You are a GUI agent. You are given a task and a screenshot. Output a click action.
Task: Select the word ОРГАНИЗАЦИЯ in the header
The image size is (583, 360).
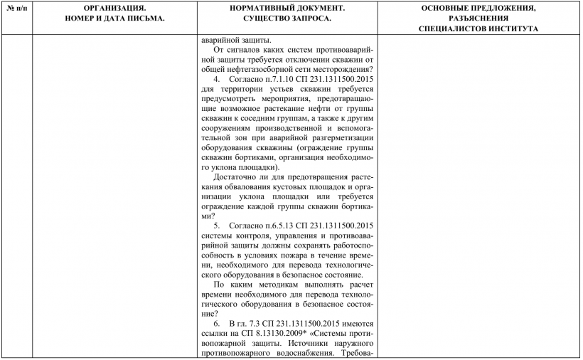click(x=113, y=8)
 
